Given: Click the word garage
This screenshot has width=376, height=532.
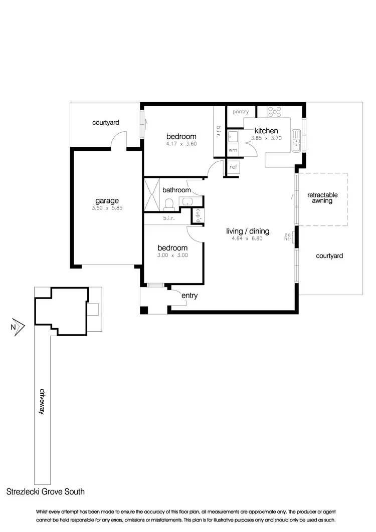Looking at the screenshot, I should tap(107, 201).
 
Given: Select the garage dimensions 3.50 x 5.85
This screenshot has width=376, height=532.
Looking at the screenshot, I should tap(107, 208).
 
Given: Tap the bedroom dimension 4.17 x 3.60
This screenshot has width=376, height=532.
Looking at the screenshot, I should tap(181, 144).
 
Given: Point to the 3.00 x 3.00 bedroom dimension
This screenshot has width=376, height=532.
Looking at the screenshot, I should tap(172, 255).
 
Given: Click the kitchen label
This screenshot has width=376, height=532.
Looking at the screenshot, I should tap(266, 131).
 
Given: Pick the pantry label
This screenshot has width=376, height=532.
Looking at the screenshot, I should tap(241, 112).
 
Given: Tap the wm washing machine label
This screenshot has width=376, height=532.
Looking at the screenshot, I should tap(232, 150).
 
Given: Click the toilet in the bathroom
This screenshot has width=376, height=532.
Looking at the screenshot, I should tap(169, 203).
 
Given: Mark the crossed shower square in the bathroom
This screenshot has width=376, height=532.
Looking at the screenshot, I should tap(152, 194).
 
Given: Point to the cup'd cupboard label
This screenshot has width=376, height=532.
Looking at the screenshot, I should tap(198, 215).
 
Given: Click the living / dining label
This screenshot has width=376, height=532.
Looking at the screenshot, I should tap(248, 231).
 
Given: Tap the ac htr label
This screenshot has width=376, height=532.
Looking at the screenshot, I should tap(288, 236).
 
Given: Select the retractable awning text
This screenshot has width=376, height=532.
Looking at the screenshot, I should tap(322, 198).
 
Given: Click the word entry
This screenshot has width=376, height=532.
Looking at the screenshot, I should tap(190, 296).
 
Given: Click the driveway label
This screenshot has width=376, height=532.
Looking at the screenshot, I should tap(43, 400).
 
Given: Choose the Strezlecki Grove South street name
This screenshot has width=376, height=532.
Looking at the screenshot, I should tap(46, 492).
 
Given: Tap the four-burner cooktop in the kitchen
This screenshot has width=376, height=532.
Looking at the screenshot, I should tap(274, 111).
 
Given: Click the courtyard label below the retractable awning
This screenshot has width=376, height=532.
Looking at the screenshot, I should tap(329, 256).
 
